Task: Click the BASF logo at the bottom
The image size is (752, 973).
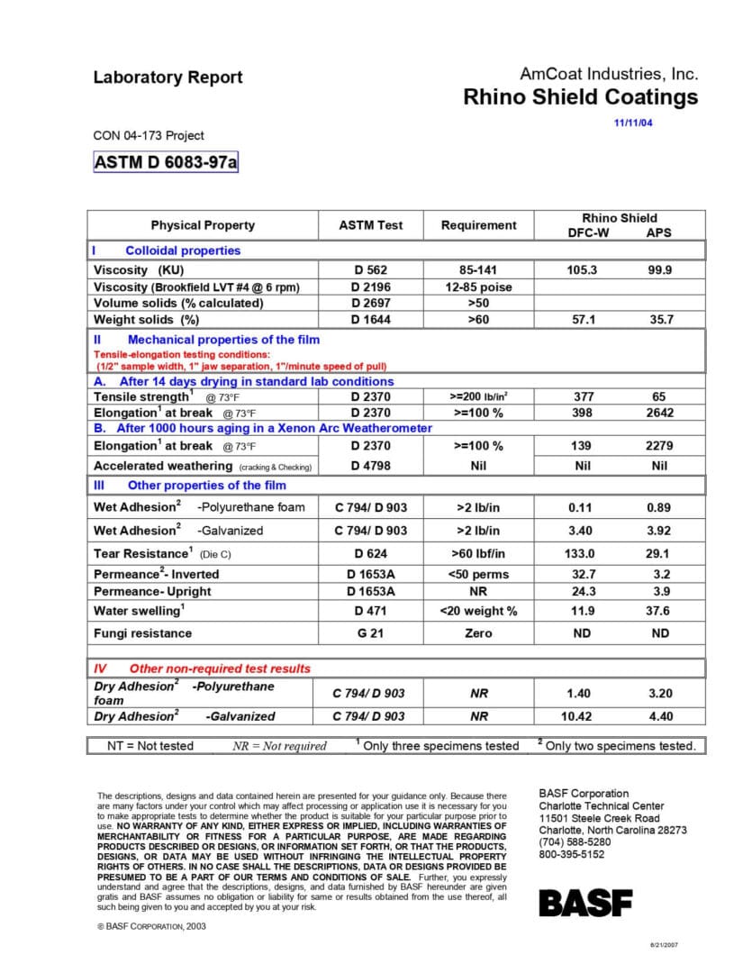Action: pos(585,902)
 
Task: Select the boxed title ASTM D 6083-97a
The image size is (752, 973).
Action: pos(166,162)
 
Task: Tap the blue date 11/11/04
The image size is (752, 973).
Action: pos(632,123)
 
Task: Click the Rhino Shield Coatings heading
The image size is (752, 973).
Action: pos(580,97)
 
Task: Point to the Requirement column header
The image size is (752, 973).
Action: pos(478,225)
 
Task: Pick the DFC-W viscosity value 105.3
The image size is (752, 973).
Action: pos(582,270)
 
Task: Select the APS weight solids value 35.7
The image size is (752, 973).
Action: pos(660,320)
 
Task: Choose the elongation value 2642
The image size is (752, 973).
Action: pos(660,413)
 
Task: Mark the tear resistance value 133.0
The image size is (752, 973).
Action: pos(582,553)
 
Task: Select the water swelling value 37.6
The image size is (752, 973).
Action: pos(660,611)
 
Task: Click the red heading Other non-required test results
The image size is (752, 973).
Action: pos(219,668)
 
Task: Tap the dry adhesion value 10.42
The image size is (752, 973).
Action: pos(582,716)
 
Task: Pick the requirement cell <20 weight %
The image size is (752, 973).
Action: pos(478,611)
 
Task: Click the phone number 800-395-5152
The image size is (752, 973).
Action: pos(572,854)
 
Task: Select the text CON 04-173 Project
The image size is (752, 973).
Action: pos(149,136)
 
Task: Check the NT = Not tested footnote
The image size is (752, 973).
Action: pos(150,745)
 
